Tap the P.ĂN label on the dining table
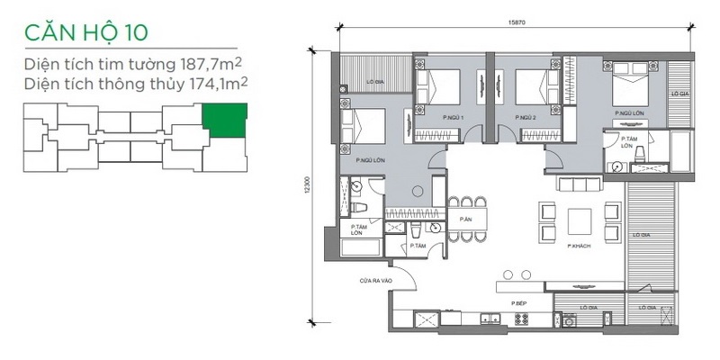pyautogui.click(x=465, y=220)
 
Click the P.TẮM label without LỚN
pyautogui.click(x=417, y=245)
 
